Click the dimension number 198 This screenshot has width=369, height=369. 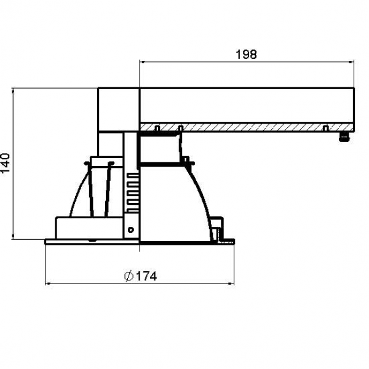(x=246, y=54)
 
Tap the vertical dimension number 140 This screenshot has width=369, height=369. (x=6, y=163)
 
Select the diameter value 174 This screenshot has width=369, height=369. (x=146, y=276)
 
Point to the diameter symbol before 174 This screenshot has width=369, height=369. (x=129, y=276)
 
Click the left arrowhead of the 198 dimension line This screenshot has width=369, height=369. (x=142, y=62)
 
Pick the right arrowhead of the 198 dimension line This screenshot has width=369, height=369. (x=352, y=62)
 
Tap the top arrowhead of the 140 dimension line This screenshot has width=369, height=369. (x=13, y=90)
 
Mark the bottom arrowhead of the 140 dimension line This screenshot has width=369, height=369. (x=13, y=237)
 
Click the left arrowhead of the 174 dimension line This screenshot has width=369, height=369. (x=47, y=284)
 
